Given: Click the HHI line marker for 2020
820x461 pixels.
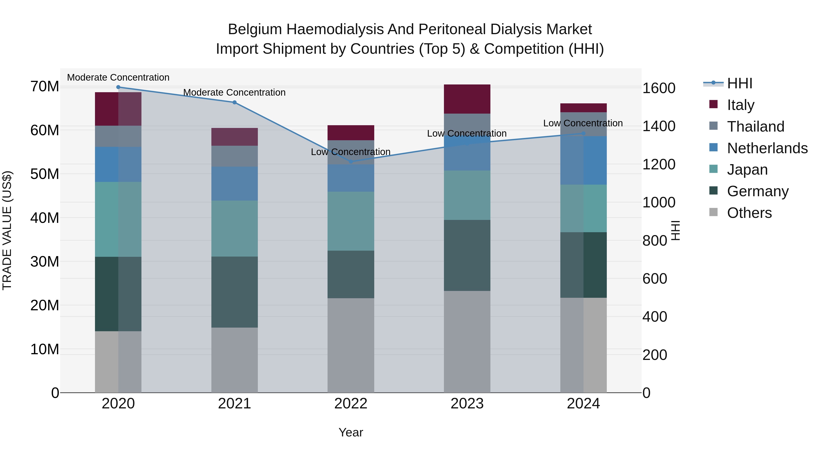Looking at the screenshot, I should point(118,87).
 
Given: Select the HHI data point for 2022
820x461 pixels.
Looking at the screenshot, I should point(351,162).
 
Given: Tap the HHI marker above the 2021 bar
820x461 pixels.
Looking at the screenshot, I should point(235,102).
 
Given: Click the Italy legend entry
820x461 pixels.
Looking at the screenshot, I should point(741,105).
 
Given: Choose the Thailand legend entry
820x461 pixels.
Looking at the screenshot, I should point(755,126).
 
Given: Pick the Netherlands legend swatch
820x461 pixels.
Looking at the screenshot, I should point(714,148).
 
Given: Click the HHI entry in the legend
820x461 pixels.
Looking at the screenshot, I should point(739,83).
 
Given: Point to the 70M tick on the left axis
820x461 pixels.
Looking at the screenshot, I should point(45,87).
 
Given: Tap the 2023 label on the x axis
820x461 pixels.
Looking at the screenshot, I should point(467,404).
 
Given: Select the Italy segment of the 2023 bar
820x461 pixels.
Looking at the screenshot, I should point(467,99).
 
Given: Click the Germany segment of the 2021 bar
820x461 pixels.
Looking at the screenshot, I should point(235,292).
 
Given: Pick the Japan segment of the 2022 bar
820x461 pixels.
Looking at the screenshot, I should point(351,221).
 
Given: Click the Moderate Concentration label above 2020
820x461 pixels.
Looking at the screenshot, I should point(118,77).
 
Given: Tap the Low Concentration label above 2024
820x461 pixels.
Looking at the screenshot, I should point(583,123).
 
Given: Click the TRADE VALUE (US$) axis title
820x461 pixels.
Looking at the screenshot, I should point(7,230).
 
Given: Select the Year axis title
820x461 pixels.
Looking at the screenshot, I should point(351,432).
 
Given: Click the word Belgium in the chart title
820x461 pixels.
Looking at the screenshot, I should point(255,29).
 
